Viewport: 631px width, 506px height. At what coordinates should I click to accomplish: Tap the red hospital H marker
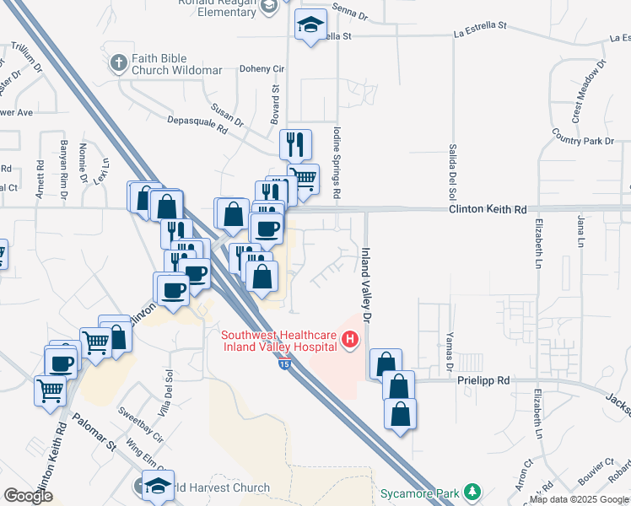(x=350, y=342)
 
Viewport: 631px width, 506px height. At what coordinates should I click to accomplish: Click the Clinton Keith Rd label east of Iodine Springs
(x=487, y=208)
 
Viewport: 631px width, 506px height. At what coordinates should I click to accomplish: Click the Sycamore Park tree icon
(x=473, y=491)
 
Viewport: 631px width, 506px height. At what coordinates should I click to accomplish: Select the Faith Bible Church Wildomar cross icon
(x=119, y=62)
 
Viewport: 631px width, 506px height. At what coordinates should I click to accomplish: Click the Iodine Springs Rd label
(x=337, y=163)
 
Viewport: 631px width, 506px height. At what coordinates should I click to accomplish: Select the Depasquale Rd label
(x=199, y=125)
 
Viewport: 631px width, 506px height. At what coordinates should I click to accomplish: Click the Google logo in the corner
(x=28, y=496)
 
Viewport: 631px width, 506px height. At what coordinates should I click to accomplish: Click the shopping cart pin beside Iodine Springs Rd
(x=303, y=178)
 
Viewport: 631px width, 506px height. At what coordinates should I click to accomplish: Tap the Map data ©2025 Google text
(x=579, y=499)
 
